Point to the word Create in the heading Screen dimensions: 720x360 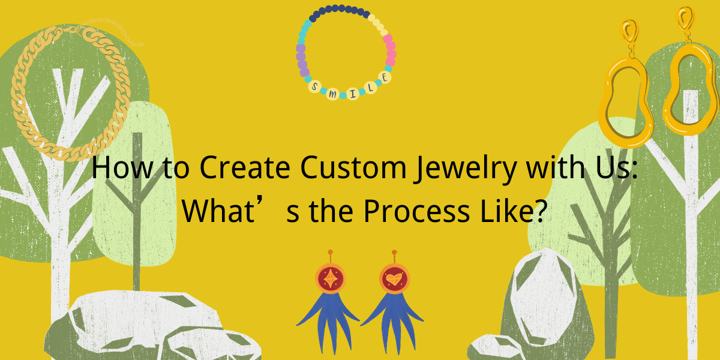[245, 167]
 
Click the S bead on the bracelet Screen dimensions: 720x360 [315, 86]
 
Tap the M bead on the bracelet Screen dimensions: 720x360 [332, 94]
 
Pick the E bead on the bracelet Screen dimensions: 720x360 [385, 77]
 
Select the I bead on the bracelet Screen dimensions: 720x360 [353, 94]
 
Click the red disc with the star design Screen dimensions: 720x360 [331, 278]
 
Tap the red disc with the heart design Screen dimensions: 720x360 [394, 278]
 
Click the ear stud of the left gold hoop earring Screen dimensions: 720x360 [629, 32]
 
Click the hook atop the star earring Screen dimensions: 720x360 [330, 257]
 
